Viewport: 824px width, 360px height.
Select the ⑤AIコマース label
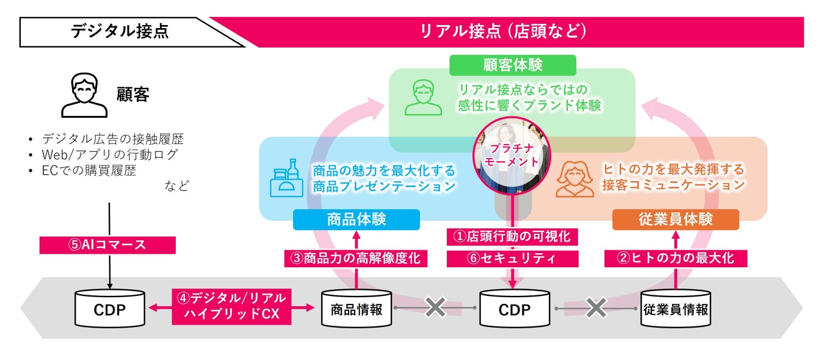tap(107, 245)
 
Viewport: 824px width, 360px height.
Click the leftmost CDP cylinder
tap(109, 309)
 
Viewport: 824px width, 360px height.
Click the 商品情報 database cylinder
tap(356, 309)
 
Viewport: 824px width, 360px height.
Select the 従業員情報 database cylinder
tap(676, 309)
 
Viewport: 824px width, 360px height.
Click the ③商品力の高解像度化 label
tap(356, 258)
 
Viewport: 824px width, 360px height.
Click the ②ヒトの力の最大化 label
tap(676, 258)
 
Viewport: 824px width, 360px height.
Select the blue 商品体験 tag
tap(356, 220)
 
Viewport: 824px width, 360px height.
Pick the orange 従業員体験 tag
tap(676, 220)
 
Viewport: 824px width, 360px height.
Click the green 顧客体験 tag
tap(513, 65)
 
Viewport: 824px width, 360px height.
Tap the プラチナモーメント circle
tap(513, 155)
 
